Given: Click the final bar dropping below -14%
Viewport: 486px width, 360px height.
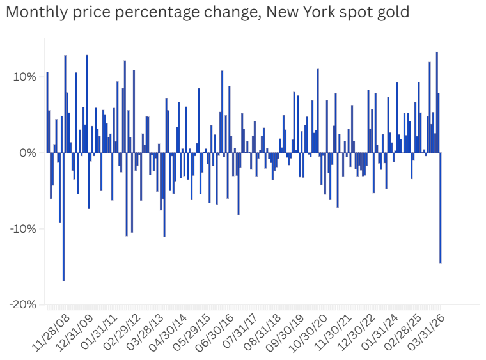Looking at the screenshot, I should (441, 211).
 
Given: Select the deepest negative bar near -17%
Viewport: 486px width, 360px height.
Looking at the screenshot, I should (63, 217).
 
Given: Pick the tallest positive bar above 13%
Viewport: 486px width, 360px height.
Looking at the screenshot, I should (437, 102).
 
